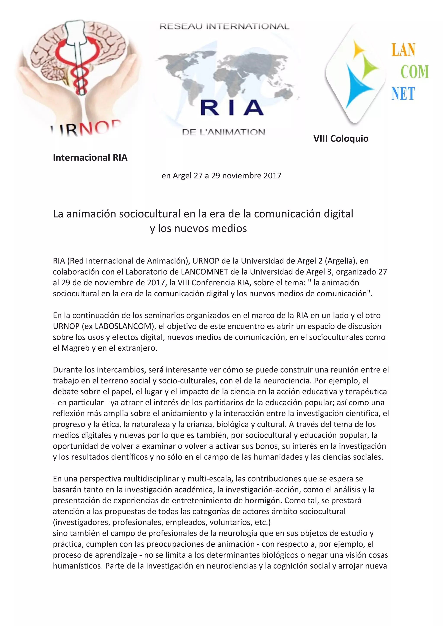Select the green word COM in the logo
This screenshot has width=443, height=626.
coord(414,72)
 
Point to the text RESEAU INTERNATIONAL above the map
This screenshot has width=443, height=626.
coord(224,26)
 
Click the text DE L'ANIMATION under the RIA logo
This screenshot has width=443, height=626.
coord(223,132)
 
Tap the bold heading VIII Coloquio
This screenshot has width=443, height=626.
coord(341,138)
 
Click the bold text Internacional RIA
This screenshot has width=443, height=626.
coord(90,158)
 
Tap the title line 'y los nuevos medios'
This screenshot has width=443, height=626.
coord(198,228)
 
